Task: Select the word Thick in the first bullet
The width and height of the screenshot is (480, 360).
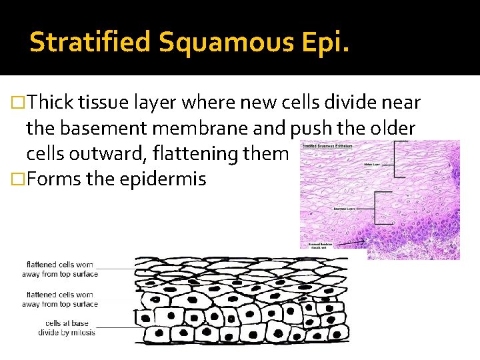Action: click(x=51, y=102)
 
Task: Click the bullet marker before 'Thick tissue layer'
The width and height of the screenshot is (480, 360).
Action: click(x=20, y=103)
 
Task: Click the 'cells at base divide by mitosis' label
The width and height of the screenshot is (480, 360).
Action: click(x=67, y=328)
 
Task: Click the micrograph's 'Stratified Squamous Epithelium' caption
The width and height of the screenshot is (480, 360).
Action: click(x=327, y=145)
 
